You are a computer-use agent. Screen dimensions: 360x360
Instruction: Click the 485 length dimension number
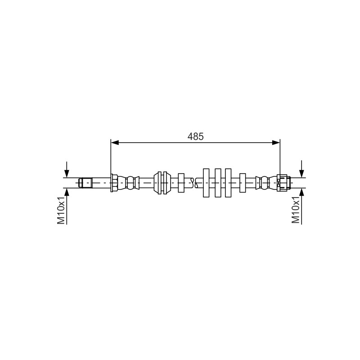(x=195, y=136)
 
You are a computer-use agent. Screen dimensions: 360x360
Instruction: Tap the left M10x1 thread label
(x=61, y=210)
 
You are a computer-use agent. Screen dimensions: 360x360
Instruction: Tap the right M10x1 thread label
(x=296, y=210)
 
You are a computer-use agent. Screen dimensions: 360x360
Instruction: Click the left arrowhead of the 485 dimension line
(x=115, y=143)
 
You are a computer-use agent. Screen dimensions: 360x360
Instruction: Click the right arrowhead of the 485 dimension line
(x=276, y=143)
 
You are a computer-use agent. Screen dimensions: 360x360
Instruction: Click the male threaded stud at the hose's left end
(x=85, y=183)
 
